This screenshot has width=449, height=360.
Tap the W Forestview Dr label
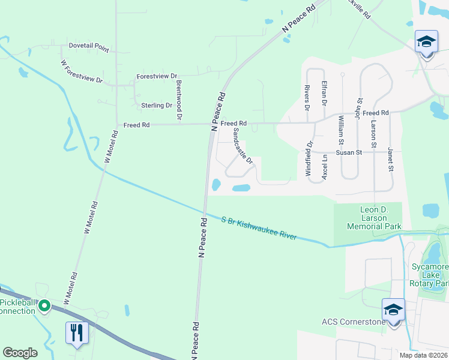pyautogui.click(x=82, y=71)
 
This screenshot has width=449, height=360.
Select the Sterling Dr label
pyautogui.click(x=157, y=106)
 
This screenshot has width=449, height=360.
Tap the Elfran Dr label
pyautogui.click(x=324, y=94)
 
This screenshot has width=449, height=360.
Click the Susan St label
pyautogui.click(x=349, y=152)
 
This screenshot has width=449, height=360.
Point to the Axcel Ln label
pyautogui.click(x=325, y=167)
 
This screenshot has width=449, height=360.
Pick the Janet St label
pyautogui.click(x=390, y=158)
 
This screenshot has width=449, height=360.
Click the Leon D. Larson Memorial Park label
pyautogui.click(x=367, y=218)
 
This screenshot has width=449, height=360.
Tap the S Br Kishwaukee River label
pyautogui.click(x=259, y=228)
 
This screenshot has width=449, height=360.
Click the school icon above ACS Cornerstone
pyautogui.click(x=393, y=310)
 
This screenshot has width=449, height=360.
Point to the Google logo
pyautogui.click(x=20, y=353)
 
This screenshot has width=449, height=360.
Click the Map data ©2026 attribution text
pyautogui.click(x=423, y=355)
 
